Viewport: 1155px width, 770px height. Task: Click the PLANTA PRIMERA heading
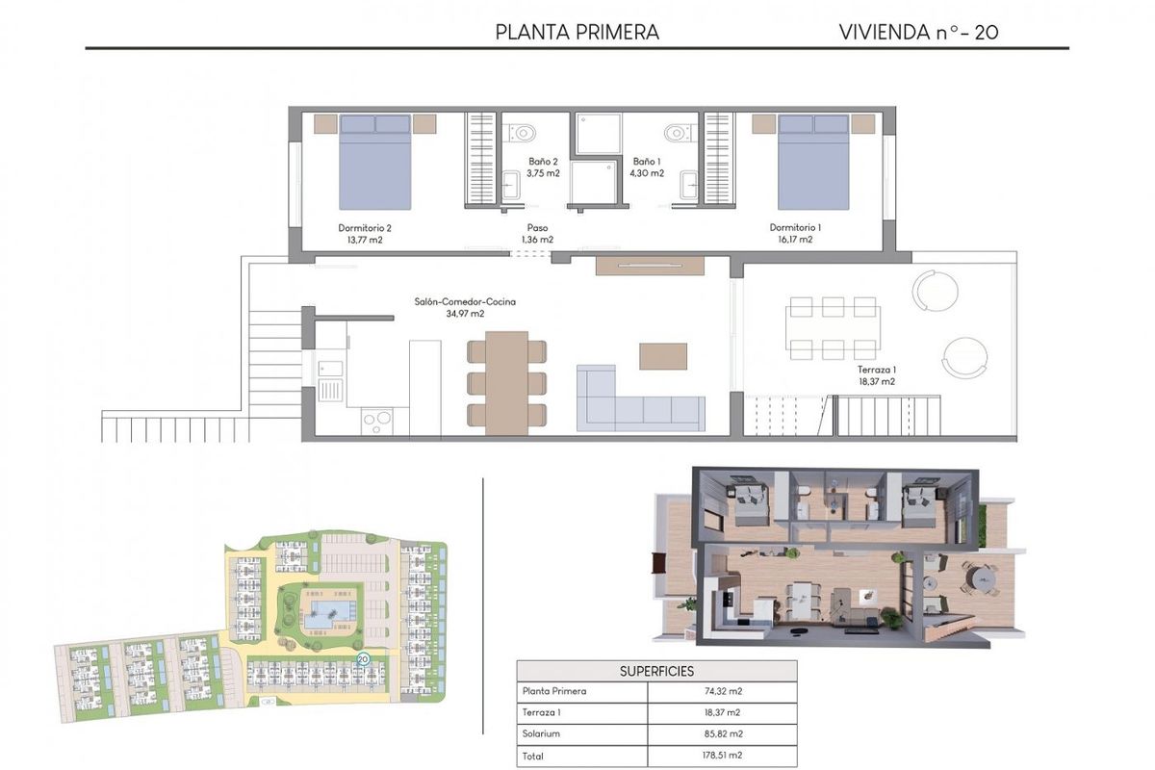tap(577, 32)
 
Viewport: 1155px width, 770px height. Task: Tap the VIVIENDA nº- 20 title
tap(918, 32)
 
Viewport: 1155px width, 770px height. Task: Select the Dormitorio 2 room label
tap(365, 228)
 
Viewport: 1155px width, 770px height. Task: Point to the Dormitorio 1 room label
tap(795, 228)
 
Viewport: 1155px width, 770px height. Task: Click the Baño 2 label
tap(543, 162)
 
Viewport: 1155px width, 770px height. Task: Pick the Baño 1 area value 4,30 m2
tap(647, 174)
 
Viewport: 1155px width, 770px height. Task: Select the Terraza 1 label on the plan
tap(877, 370)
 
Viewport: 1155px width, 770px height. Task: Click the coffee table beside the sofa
tap(663, 356)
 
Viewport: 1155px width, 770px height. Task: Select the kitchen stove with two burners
tap(376, 420)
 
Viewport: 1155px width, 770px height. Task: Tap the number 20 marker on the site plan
tap(363, 659)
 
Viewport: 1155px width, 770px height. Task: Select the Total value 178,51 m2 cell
tap(722, 757)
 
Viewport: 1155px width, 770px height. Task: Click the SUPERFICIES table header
tap(656, 671)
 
